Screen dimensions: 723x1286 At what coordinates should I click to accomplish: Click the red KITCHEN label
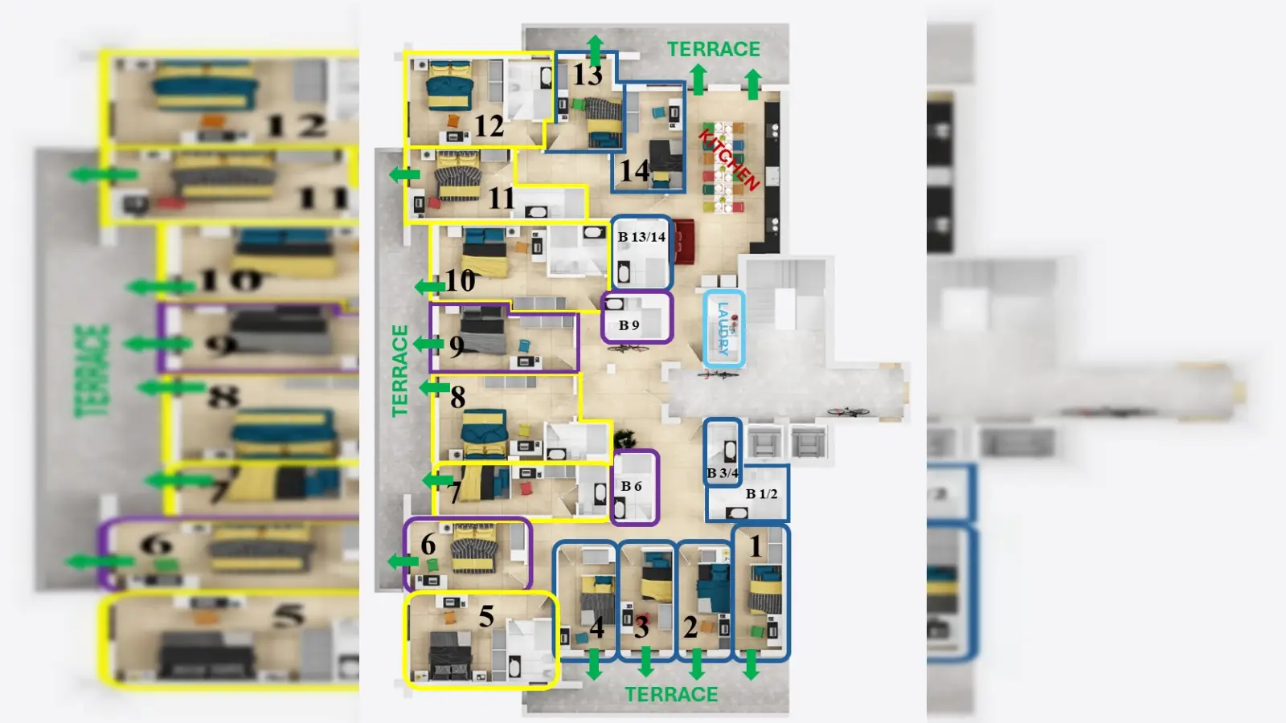[730, 159]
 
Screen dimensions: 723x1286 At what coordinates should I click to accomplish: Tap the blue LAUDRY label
[723, 329]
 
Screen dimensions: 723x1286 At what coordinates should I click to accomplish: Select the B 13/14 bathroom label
[641, 237]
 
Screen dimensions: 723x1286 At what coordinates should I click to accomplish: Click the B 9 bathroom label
[629, 325]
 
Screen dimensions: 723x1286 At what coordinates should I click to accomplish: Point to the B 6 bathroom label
[631, 486]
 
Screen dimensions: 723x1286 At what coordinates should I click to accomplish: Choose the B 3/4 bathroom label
[722, 473]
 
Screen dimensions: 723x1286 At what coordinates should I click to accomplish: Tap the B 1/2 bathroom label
[761, 494]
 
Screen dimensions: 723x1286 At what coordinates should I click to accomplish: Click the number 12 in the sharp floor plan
[489, 126]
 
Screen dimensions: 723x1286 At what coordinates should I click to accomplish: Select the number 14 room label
[634, 170]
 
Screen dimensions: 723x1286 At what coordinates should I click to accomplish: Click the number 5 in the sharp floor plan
[486, 616]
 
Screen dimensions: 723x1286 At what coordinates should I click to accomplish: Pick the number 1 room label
[756, 546]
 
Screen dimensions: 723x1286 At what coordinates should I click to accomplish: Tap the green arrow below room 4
[594, 664]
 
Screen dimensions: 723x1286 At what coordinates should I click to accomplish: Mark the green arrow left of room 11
[404, 174]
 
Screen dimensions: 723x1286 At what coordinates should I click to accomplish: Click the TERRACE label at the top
[714, 50]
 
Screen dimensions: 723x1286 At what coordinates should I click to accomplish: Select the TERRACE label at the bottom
[671, 695]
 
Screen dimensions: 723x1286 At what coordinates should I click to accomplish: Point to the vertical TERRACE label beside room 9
[399, 370]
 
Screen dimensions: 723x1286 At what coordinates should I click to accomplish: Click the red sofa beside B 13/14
[684, 241]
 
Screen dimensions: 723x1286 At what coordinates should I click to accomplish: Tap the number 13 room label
[588, 76]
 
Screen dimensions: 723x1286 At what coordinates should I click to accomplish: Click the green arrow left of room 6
[401, 561]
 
